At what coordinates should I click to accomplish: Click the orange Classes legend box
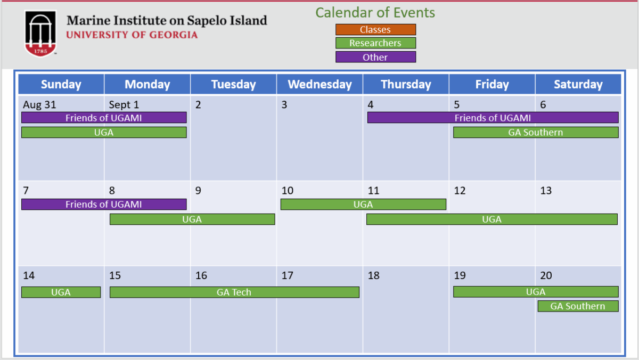click(x=375, y=29)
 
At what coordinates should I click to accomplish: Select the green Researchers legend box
click(x=375, y=43)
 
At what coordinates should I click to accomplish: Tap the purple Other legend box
click(x=375, y=57)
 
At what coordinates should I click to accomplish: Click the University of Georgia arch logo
click(x=40, y=34)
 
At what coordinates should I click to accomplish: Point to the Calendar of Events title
click(x=375, y=13)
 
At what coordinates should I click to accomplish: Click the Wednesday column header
click(x=319, y=84)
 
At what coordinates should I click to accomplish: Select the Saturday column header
click(x=578, y=84)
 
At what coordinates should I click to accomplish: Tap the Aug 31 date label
click(x=39, y=105)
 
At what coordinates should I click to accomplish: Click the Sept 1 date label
click(x=124, y=105)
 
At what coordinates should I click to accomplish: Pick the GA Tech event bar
click(x=234, y=292)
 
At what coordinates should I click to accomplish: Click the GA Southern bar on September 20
click(x=578, y=306)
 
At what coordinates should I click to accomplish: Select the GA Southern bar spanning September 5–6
click(x=536, y=133)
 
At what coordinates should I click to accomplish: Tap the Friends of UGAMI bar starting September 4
click(x=493, y=118)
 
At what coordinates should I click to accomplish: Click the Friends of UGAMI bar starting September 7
click(x=104, y=204)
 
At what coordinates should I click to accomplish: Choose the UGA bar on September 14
click(x=61, y=292)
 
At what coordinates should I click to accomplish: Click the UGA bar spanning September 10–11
click(x=363, y=204)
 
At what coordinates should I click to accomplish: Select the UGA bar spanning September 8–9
click(x=192, y=219)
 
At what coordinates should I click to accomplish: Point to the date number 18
click(x=373, y=275)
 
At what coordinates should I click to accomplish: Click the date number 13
click(x=546, y=191)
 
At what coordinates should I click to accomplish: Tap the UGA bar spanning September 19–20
click(x=536, y=291)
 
